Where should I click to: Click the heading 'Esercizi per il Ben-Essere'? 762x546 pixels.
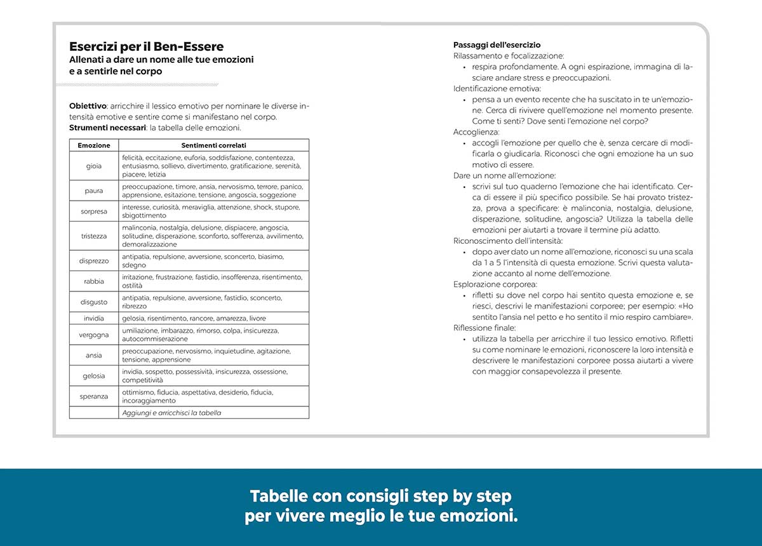(146, 46)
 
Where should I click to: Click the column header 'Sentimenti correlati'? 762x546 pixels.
(214, 145)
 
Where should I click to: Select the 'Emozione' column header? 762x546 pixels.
(94, 145)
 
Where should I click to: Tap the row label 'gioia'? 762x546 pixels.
(94, 166)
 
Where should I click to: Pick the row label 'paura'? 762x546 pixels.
(94, 190)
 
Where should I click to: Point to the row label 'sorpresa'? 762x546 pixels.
(94, 211)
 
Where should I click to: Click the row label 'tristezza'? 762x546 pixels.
(94, 236)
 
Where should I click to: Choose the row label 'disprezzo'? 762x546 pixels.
(94, 260)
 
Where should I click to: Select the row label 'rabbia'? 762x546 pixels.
(94, 281)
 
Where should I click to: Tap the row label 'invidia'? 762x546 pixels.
(94, 318)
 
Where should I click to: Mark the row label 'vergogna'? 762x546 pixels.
(94, 335)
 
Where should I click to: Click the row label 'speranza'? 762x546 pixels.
(94, 396)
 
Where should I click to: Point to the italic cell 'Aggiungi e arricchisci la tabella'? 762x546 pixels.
(171, 413)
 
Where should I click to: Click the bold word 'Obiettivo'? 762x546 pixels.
(88, 106)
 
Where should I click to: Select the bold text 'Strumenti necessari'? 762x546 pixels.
(107, 128)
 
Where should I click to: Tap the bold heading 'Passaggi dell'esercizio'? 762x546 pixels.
(497, 45)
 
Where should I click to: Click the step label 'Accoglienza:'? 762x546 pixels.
(476, 132)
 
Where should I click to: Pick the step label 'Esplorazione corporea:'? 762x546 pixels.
(495, 284)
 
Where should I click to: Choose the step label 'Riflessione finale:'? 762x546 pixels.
(485, 328)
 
